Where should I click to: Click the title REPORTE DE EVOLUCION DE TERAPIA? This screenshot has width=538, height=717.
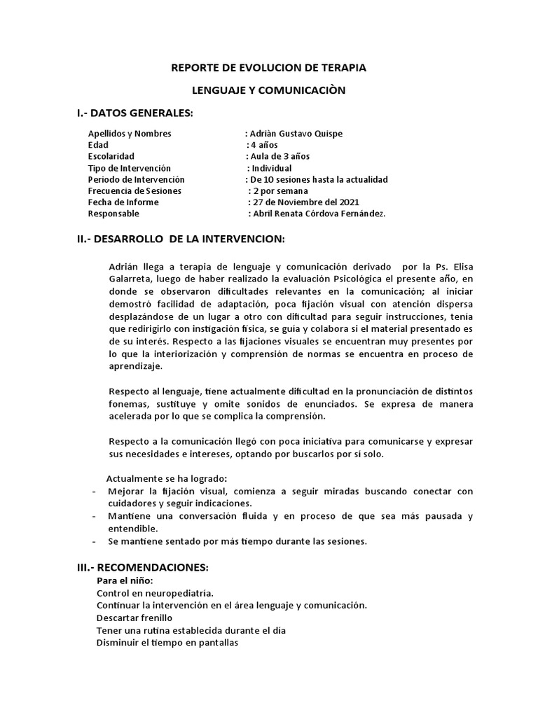tap(269, 68)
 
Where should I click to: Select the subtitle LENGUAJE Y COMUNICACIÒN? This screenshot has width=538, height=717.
tap(269, 90)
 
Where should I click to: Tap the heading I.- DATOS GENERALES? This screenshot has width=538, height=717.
tap(135, 113)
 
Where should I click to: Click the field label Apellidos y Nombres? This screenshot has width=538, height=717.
tap(130, 134)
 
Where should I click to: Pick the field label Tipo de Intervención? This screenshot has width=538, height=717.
tap(130, 168)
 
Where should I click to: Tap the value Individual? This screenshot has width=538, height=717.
tap(272, 168)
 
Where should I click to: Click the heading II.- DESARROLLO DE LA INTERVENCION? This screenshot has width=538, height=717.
tap(181, 239)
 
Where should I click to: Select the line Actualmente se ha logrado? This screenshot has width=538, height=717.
tap(167, 478)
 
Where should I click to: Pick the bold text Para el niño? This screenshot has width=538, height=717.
tap(125, 580)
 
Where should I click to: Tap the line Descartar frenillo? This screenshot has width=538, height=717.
tap(134, 618)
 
